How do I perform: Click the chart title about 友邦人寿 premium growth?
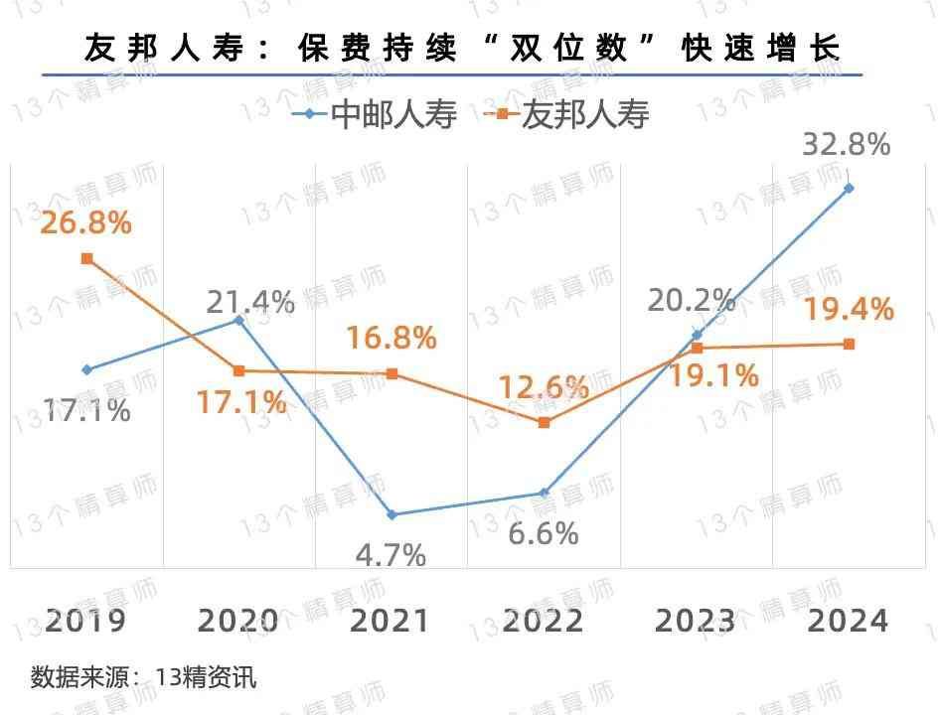[463, 47]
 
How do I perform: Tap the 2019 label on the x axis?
[85, 621]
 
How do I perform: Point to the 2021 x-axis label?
[391, 621]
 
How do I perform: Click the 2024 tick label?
[848, 621]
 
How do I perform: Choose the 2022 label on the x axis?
[543, 621]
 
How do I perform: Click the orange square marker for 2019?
[87, 258]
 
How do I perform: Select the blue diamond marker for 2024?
[849, 188]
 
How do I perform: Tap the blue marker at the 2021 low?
[392, 514]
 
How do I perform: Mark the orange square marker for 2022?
[544, 422]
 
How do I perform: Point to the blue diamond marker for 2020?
[239, 321]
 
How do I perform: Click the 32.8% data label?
[847, 146]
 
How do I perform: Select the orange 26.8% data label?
[86, 222]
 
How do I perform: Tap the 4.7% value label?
[391, 554]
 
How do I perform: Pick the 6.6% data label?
[544, 533]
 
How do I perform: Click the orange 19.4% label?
[848, 310]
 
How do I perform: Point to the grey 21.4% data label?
[250, 301]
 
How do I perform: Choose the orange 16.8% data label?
[392, 338]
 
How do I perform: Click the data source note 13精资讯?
[144, 678]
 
